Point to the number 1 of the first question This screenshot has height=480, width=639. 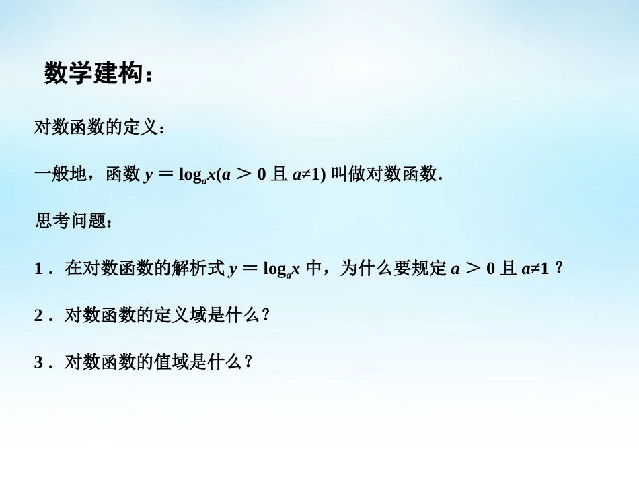pos(39,269)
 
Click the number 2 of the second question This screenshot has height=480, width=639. pos(39,315)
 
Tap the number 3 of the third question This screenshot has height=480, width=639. pos(39,362)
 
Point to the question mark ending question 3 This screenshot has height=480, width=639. pos(248,362)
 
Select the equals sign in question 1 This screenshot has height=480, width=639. pos(250,269)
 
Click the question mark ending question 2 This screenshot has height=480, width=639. pos(266,315)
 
